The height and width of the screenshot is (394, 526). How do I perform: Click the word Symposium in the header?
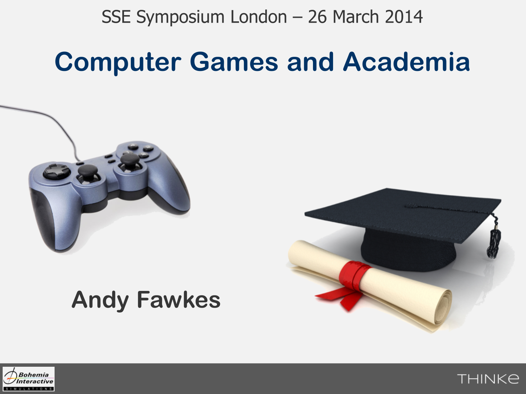180,17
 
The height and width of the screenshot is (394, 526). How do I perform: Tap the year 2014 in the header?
404,17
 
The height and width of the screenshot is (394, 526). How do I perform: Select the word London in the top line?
259,17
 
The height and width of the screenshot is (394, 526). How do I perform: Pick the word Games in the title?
234,62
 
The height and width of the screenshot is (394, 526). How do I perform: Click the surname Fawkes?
179,300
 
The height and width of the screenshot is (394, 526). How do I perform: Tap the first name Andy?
100,301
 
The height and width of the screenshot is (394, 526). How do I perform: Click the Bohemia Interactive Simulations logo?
29,379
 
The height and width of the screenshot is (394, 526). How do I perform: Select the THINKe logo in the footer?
488,379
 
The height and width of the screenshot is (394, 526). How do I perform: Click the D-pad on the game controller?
57,171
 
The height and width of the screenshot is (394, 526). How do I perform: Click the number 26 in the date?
317,17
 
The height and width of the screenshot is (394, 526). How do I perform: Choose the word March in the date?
356,17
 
